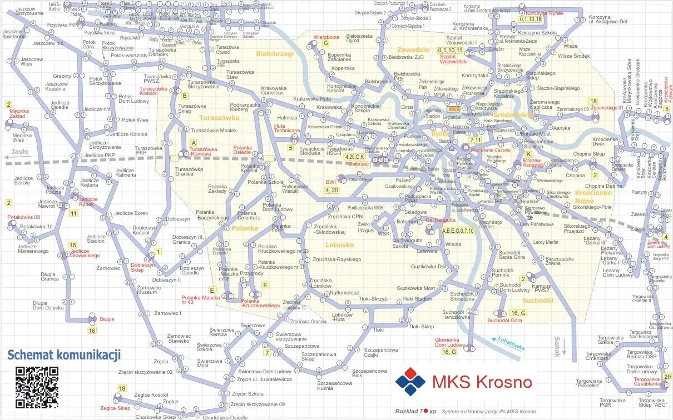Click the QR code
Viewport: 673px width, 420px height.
pos(37,387)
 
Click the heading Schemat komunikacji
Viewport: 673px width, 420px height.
pos(63,355)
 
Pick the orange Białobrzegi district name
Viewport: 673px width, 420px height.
pos(274,54)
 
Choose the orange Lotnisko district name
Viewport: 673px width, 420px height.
pos(340,244)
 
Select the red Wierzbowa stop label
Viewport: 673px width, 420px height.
pos(326,37)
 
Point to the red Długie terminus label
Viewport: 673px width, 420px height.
pos(106,319)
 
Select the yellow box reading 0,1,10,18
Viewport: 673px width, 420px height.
pos(530,19)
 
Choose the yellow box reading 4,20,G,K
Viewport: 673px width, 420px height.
pos(355,157)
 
